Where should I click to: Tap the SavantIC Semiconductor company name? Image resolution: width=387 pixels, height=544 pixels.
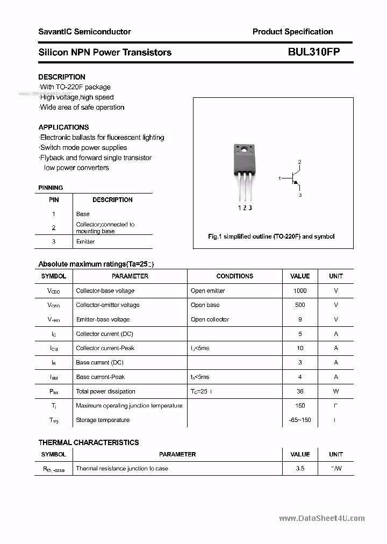coord(84,32)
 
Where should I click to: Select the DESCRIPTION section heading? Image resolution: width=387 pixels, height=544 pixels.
coord(62,77)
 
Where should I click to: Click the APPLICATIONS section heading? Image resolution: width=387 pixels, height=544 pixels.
coord(63,127)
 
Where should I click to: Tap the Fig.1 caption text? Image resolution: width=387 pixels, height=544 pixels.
coord(271,237)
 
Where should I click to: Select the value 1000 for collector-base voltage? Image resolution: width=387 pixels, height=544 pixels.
coord(300,291)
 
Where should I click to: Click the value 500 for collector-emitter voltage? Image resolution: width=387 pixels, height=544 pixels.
coord(300,305)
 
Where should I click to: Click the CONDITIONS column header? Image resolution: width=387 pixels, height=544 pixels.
coord(234,276)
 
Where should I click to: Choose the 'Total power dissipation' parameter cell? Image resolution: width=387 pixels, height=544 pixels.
coord(105,391)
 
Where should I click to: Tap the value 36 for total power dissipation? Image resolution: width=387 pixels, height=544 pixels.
coord(300,391)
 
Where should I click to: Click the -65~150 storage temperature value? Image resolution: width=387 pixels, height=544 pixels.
coord(300,420)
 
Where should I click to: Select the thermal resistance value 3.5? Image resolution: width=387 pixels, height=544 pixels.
coord(300,468)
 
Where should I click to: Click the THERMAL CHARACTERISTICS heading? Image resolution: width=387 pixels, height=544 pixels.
coord(89,442)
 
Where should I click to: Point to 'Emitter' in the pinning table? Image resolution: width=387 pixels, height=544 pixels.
coord(85,242)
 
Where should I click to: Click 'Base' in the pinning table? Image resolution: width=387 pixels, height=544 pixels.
coord(83,214)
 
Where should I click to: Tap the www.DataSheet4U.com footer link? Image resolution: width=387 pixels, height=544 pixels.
coord(322,518)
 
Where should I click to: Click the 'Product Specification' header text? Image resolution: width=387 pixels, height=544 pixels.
coord(292,32)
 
